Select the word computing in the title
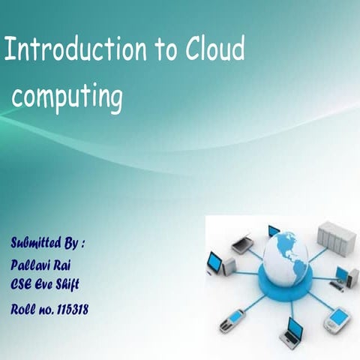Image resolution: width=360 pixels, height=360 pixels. click(67, 97)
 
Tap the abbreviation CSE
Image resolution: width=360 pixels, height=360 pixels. click(23, 284)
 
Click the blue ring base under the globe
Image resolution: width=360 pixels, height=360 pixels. click(285, 281)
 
